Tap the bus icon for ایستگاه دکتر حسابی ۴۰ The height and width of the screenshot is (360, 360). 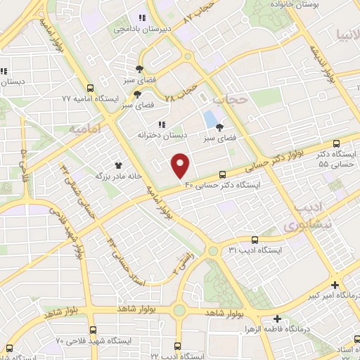(223, 174)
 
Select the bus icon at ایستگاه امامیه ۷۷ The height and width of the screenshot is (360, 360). (89, 88)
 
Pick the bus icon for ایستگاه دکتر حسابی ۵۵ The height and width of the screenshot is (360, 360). (337, 143)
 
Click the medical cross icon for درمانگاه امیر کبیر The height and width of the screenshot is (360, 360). (335, 285)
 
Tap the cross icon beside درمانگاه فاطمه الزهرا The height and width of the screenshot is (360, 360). (277, 319)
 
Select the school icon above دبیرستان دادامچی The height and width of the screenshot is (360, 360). (141, 18)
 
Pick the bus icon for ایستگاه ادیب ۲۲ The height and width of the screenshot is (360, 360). (176, 347)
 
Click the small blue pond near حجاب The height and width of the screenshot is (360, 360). (210, 117)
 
